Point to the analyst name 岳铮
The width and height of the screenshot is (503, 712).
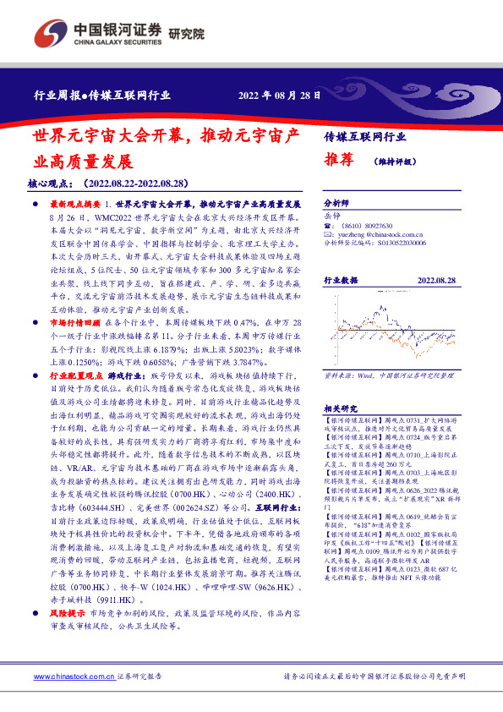tap(332, 216)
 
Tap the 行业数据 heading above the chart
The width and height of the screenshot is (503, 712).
tap(342, 279)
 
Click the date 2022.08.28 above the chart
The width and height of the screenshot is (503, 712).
tap(436, 279)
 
